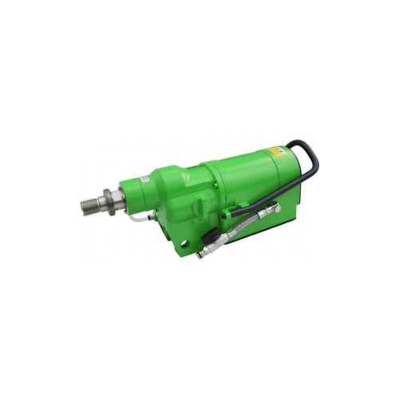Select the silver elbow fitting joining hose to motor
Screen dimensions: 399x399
coord(273,210)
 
